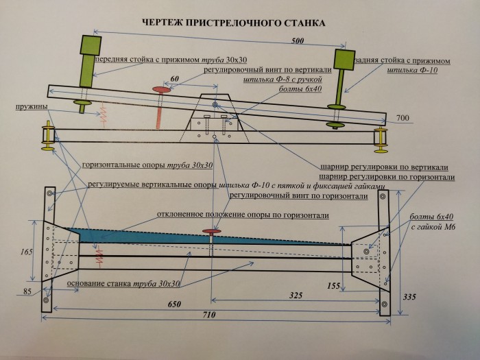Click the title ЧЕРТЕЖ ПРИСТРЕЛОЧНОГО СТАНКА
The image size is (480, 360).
233,23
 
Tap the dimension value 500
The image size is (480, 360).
297,41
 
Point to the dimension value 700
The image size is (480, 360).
403,119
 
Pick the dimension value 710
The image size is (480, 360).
211,315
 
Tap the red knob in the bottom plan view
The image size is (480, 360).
211,233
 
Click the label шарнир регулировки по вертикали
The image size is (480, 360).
384,167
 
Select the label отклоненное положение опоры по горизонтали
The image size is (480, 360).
242,215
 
